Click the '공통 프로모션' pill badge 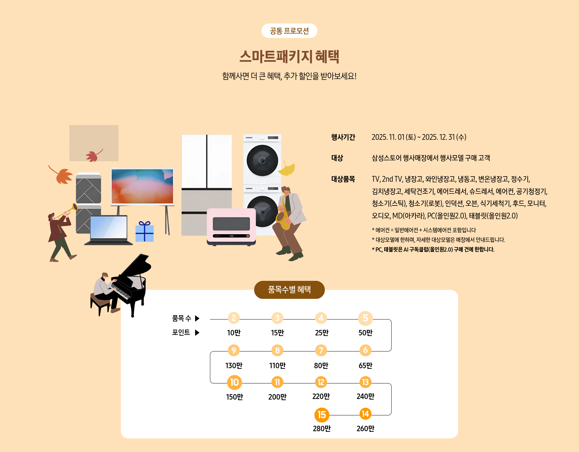pyautogui.click(x=289, y=31)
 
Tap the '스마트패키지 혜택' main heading pyautogui.click(x=289, y=56)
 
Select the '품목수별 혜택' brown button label pyautogui.click(x=289, y=290)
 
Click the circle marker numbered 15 pyautogui.click(x=321, y=415)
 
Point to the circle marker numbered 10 pyautogui.click(x=234, y=382)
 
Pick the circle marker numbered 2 pyautogui.click(x=234, y=318)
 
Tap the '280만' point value pyautogui.click(x=321, y=428)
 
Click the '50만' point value pyautogui.click(x=365, y=333)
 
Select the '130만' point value pyautogui.click(x=234, y=366)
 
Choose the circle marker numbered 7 pyautogui.click(x=321, y=350)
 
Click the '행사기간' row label pyautogui.click(x=343, y=137)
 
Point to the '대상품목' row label pyautogui.click(x=343, y=179)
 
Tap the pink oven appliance pyautogui.click(x=231, y=226)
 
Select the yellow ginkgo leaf pyautogui.click(x=287, y=169)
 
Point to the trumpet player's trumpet pyautogui.click(x=68, y=211)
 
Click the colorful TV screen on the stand pyautogui.click(x=142, y=186)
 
